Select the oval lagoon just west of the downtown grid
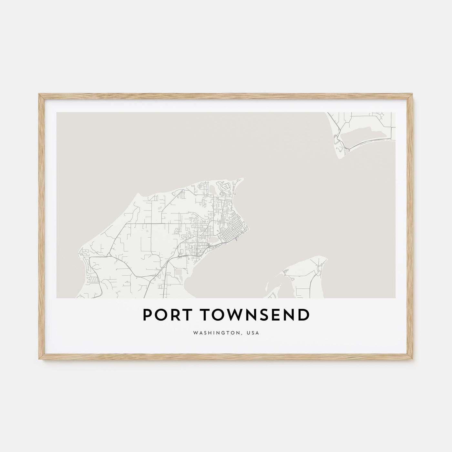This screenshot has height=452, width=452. click(213, 240)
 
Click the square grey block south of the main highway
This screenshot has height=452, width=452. click(179, 273)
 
